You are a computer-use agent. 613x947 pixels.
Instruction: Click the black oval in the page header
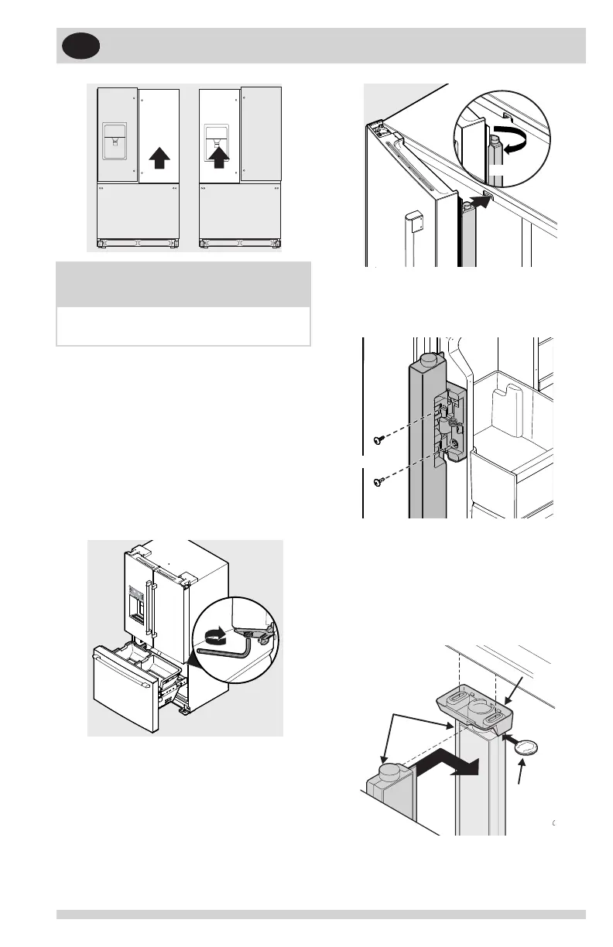click(x=80, y=46)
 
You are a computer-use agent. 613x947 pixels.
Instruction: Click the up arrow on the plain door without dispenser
click(x=159, y=158)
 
